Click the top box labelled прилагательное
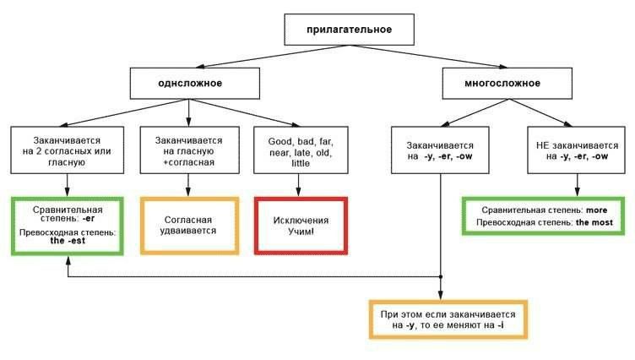(348, 31)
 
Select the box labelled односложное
(188, 84)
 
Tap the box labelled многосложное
(502, 84)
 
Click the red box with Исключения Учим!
(300, 225)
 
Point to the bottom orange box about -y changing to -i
(448, 319)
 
